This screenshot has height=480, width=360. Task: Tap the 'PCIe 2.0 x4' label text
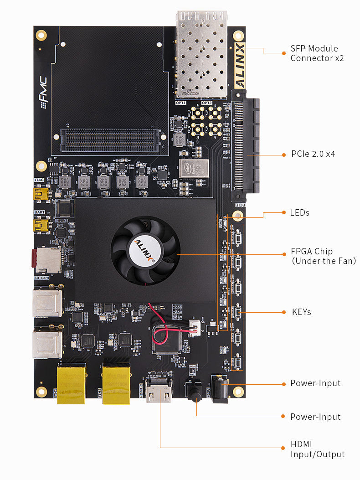point(313,154)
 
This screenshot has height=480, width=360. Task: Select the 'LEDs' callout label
point(299,213)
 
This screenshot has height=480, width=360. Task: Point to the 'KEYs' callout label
point(301,312)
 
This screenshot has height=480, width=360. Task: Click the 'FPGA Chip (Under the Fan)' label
point(323,256)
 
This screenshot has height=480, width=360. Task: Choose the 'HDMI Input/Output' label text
point(317,449)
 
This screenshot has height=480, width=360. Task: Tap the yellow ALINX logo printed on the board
point(240,66)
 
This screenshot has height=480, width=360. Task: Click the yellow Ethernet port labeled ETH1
point(71,383)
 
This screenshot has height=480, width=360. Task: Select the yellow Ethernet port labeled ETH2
point(116,383)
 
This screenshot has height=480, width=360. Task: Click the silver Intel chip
point(194,168)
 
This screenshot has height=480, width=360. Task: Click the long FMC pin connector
point(110,135)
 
